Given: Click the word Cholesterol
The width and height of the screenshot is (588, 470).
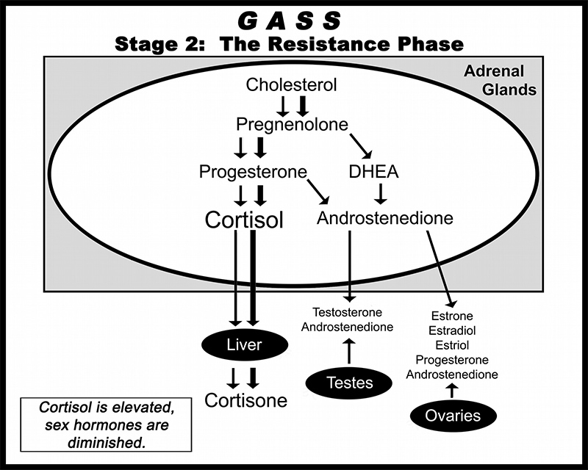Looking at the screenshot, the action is (291, 84).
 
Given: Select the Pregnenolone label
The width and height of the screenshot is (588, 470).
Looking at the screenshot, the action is (292, 124).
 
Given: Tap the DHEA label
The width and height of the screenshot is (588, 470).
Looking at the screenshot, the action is (373, 172).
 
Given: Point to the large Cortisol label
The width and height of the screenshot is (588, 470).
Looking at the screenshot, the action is (244, 220).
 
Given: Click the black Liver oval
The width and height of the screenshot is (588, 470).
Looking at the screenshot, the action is (245, 344).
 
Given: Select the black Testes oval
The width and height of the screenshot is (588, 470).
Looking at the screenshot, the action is (349, 383).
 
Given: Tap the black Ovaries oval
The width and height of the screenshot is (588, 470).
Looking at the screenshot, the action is (453, 416).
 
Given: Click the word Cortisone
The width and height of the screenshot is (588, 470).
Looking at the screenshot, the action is (246, 400).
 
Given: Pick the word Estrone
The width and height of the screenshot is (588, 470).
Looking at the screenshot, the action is (452, 316).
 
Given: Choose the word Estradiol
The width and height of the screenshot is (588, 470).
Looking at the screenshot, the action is (452, 330).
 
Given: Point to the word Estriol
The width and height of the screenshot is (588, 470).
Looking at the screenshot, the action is (452, 345).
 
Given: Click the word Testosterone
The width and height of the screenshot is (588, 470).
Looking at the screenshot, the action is (347, 312).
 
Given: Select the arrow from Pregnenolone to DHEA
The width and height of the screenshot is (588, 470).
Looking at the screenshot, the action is (361, 146).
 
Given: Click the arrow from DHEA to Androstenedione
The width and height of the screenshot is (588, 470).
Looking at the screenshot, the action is (381, 193).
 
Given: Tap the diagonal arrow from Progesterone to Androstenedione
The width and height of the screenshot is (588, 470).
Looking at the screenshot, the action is (318, 192).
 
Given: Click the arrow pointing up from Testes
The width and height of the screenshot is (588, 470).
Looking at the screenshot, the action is (349, 350).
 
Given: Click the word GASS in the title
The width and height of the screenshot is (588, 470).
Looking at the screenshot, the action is (289, 21).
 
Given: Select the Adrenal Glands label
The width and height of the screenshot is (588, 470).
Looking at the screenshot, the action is (500, 81).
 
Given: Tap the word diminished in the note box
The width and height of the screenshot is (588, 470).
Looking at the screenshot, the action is (107, 443).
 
